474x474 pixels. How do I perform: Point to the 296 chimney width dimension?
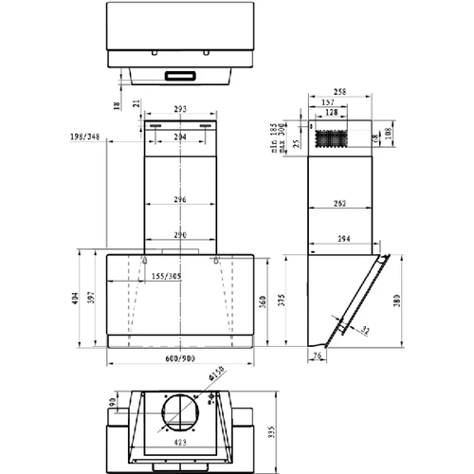tap(180, 200)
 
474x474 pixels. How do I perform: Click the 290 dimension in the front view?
tap(180, 233)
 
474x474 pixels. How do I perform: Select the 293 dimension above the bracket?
tap(180, 110)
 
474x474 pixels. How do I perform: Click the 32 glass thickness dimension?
tap(365, 329)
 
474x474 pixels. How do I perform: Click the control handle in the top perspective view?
tap(180, 75)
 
